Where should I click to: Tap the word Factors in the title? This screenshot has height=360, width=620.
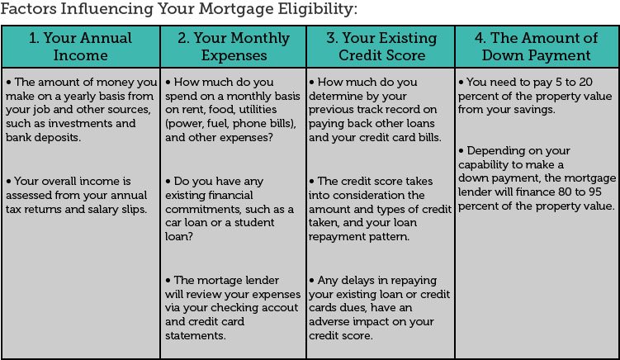point(28,8)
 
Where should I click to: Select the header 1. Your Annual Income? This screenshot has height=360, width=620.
point(80,47)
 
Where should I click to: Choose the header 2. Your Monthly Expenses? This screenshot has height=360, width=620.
point(234,47)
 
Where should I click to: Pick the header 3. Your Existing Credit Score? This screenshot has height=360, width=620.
point(381,47)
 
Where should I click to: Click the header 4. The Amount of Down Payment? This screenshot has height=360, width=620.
point(536,47)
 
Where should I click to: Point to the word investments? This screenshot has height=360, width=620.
point(80,123)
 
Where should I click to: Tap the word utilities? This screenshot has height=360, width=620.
point(257,110)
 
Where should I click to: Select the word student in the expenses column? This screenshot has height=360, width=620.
point(254,222)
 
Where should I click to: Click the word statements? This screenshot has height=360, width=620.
point(196,335)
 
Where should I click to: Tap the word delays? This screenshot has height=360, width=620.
point(357,281)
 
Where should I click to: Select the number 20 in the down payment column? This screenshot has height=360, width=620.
point(585,82)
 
